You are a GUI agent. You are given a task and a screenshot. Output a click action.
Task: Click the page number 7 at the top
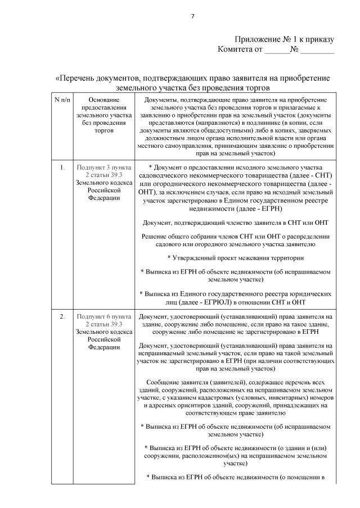(x=192, y=15)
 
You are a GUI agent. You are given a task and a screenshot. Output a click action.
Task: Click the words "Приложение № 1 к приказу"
(x=284, y=40)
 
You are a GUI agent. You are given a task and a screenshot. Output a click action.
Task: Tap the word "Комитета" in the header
(x=235, y=49)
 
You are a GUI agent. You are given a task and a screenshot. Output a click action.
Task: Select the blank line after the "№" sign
(x=317, y=50)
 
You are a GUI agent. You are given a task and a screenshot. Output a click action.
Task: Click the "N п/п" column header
(x=62, y=99)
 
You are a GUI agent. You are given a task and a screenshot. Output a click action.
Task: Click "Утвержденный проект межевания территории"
(x=237, y=258)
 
